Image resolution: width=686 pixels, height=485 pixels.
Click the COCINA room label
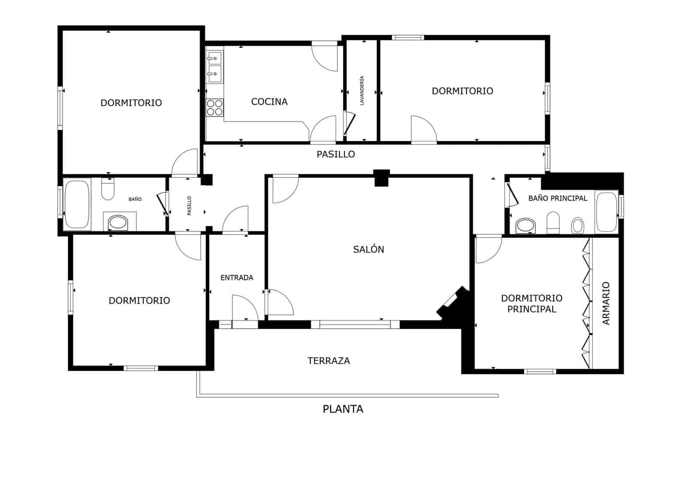pos(269,102)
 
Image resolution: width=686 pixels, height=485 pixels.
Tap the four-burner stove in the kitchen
pos(214,107)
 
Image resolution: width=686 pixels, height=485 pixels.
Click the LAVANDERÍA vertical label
pos(362,90)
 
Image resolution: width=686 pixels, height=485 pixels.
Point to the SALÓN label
pos(368,249)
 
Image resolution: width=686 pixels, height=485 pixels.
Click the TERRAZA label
pos(328,361)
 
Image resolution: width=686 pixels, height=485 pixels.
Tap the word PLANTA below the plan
pos(343,409)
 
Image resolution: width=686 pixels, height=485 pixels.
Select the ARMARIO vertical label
pos(606,303)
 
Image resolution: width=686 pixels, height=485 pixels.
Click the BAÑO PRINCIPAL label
pos(557,198)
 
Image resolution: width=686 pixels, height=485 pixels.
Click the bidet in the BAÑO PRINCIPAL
pos(578,225)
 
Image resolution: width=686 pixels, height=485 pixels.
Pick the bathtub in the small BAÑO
pos(77,204)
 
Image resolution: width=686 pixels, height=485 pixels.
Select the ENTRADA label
pos(237,277)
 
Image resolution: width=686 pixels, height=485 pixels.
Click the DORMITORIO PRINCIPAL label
pos(532,303)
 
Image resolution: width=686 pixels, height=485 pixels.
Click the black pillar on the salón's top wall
pos(381,178)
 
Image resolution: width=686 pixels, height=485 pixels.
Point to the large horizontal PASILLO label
pos(336,154)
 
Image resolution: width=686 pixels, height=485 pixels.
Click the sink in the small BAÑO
pos(117,222)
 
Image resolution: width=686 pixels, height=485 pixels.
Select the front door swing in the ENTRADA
pos(244,307)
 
